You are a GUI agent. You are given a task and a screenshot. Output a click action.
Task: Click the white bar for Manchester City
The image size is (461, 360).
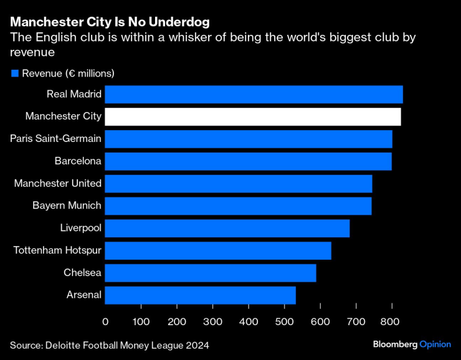point(252,116)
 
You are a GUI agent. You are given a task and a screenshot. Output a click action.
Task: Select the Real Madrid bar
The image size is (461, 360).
point(254,94)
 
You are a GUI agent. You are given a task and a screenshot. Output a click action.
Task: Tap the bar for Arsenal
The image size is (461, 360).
point(200,295)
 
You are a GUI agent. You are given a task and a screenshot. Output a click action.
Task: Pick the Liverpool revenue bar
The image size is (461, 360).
point(227,228)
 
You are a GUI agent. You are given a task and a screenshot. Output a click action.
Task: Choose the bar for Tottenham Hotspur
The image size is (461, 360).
point(217,250)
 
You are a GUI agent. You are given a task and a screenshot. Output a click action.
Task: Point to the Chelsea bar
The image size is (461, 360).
point(210,273)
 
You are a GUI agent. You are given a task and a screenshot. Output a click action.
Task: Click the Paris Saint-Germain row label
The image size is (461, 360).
point(55,138)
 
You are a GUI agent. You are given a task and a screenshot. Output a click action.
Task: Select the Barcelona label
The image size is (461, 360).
point(78,161)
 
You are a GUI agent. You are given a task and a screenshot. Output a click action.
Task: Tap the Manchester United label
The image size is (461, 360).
point(57,183)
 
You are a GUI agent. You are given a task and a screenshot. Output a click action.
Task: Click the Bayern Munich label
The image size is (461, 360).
point(67,206)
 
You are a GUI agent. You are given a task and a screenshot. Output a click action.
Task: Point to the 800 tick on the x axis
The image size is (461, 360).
point(391,321)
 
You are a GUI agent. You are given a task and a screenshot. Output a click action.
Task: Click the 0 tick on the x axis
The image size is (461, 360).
point(105,321)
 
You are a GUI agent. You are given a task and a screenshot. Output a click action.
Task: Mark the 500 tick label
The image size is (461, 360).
point(284,321)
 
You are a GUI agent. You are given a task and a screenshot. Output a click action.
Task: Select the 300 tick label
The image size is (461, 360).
point(212,321)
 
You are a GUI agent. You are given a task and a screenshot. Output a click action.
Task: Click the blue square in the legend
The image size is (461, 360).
point(14,73)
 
